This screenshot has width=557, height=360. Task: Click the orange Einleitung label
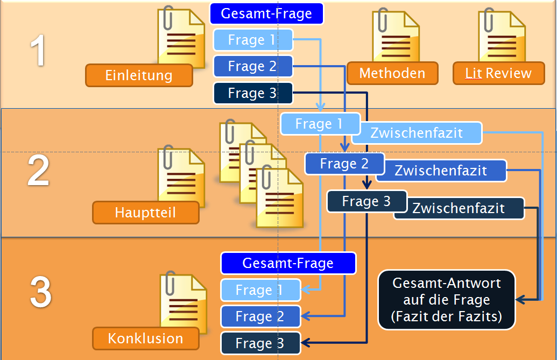click(x=139, y=75)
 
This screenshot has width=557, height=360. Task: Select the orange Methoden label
click(x=392, y=73)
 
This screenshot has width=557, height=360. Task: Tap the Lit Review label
click(x=498, y=73)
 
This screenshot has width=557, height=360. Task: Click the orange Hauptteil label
click(x=146, y=213)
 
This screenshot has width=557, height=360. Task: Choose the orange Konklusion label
click(x=146, y=338)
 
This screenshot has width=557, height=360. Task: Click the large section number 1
click(x=38, y=51)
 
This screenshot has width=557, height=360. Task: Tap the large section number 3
click(x=41, y=292)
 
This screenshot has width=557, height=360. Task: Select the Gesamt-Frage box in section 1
click(x=266, y=13)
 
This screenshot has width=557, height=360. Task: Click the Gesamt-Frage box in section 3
click(x=288, y=263)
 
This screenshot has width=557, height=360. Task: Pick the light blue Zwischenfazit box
click(x=417, y=133)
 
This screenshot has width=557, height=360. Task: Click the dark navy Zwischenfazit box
click(x=459, y=208)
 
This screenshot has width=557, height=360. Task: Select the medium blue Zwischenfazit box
click(x=441, y=171)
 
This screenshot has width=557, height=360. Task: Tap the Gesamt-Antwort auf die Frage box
click(x=447, y=300)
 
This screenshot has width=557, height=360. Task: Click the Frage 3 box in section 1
click(x=253, y=93)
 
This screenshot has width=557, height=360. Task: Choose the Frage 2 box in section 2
click(x=344, y=164)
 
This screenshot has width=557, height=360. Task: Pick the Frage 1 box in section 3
click(x=260, y=290)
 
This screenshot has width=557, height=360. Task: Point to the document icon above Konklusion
click(x=183, y=302)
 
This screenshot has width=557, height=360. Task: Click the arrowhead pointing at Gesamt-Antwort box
click(x=520, y=300)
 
